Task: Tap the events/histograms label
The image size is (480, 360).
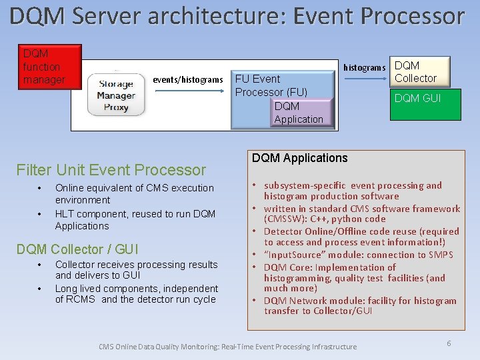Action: click(x=188, y=80)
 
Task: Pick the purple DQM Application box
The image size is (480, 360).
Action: click(x=302, y=113)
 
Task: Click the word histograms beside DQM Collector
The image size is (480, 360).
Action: click(x=364, y=68)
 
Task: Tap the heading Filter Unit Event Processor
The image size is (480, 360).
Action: click(x=111, y=170)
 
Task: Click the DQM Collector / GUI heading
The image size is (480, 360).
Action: click(x=77, y=249)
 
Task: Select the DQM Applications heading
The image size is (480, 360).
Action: click(x=299, y=158)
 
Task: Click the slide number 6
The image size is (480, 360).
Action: click(x=449, y=343)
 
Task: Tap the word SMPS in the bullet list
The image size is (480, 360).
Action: click(x=440, y=255)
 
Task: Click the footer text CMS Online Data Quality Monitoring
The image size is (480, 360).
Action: click(x=227, y=347)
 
